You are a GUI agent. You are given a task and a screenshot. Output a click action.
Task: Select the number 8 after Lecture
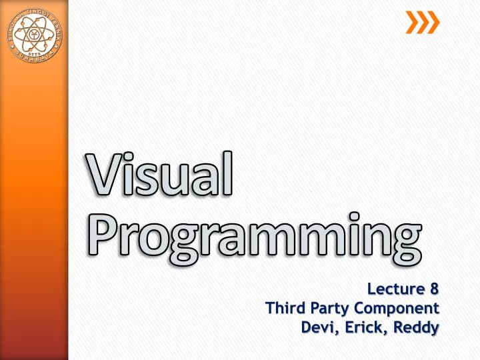click(x=434, y=289)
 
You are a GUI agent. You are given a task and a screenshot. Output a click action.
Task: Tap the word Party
click(x=329, y=309)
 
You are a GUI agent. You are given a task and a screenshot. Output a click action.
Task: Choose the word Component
click(x=397, y=309)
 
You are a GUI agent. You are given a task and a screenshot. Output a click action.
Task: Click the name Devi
click(x=317, y=327)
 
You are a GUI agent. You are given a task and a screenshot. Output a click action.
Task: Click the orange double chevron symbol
click(x=423, y=23)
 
